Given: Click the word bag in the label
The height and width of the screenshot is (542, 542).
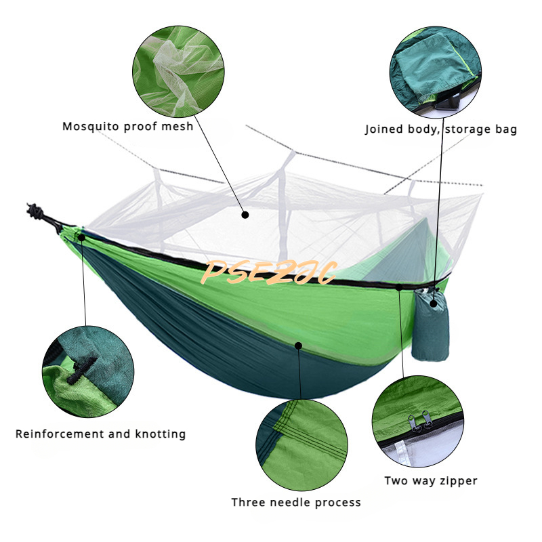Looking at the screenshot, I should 504,129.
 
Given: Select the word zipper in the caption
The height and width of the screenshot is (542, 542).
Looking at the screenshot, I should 455,480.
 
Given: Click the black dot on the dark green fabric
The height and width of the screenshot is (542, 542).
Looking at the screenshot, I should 298,346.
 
